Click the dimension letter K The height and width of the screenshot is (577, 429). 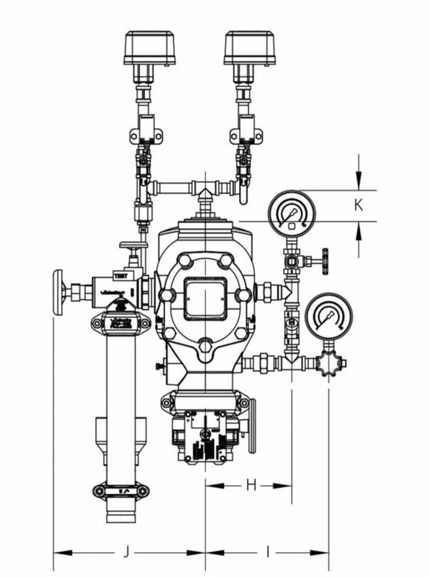coord(359,205)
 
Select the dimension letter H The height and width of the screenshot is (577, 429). coord(250,484)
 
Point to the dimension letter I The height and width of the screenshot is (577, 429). coord(268,552)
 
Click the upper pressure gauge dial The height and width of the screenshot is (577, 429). coord(291,211)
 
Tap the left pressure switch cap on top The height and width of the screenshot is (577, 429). coord(149,47)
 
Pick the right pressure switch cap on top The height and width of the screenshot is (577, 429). coord(250,47)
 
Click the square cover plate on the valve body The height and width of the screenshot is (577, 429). coord(206,299)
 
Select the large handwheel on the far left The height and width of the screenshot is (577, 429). coord(58,292)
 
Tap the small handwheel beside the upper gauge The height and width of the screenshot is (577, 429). coord(324,261)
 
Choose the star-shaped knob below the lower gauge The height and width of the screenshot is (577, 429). coord(330,364)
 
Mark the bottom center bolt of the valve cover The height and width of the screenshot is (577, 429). coord(206,347)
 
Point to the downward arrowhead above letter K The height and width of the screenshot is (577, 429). coord(359,181)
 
